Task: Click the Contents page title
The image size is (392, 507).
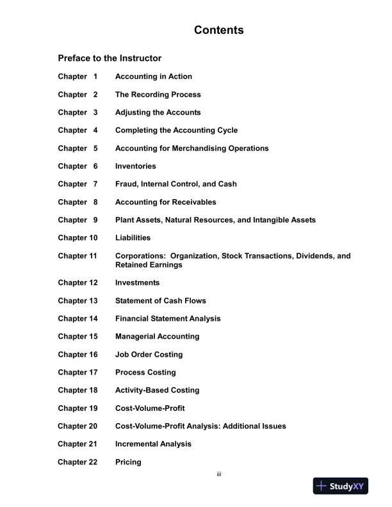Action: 218,30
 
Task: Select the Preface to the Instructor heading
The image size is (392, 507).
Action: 110,58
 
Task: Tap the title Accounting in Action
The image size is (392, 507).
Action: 153,77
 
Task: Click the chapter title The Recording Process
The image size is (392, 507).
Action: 158,95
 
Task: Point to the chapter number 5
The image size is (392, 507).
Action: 95,149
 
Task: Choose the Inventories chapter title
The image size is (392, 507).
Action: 135,166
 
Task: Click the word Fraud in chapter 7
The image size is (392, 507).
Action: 126,184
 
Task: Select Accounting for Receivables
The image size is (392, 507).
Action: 165,202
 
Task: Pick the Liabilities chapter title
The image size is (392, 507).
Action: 133,238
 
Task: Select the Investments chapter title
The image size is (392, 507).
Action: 137,283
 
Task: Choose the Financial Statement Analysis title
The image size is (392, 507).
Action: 168,319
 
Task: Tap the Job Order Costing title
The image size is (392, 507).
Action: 149,355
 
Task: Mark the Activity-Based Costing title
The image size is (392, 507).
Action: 157,390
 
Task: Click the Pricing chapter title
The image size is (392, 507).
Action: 128,462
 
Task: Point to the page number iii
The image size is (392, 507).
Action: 218,474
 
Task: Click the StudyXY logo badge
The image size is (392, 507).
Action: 341,486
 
